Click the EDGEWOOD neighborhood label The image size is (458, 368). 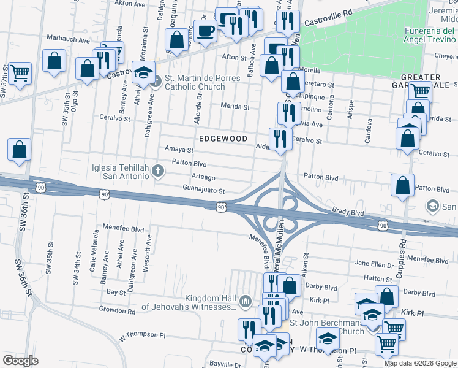pyautogui.click(x=222, y=139)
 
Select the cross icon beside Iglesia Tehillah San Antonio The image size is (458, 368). pyautogui.click(x=159, y=171)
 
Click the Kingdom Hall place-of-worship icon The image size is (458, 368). pyautogui.click(x=246, y=301)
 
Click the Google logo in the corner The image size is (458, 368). pyautogui.click(x=20, y=361)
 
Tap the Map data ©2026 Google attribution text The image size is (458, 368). pyautogui.click(x=420, y=363)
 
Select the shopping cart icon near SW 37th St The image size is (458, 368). pyautogui.click(x=20, y=73)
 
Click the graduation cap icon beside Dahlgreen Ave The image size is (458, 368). pyautogui.click(x=143, y=71)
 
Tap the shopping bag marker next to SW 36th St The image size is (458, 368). pyautogui.click(x=20, y=149)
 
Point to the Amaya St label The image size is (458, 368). pyautogui.click(x=179, y=149)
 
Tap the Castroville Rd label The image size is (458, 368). pyautogui.click(x=331, y=12)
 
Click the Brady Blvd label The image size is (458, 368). pyautogui.click(x=348, y=212)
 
